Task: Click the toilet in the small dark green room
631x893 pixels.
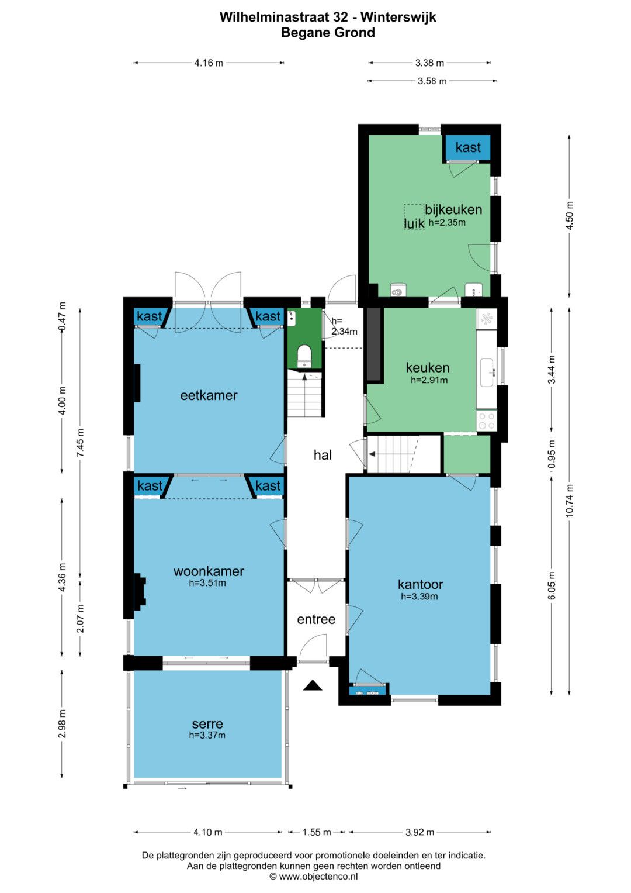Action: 304,355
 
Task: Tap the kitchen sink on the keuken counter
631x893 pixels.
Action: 487,373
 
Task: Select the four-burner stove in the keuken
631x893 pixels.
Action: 486,420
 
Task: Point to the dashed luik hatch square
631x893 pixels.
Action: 414,217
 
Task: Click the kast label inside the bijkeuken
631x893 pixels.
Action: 468,147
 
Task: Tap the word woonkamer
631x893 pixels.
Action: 209,571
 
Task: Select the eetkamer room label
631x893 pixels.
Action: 209,395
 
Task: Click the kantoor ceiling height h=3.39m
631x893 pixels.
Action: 419,597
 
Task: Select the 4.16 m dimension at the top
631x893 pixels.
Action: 209,63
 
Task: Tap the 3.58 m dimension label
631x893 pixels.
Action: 432,81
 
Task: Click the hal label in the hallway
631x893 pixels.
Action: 323,455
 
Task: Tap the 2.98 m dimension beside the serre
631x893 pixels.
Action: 62,723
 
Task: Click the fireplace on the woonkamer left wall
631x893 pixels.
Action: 140,592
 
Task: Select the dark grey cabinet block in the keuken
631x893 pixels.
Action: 374,345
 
